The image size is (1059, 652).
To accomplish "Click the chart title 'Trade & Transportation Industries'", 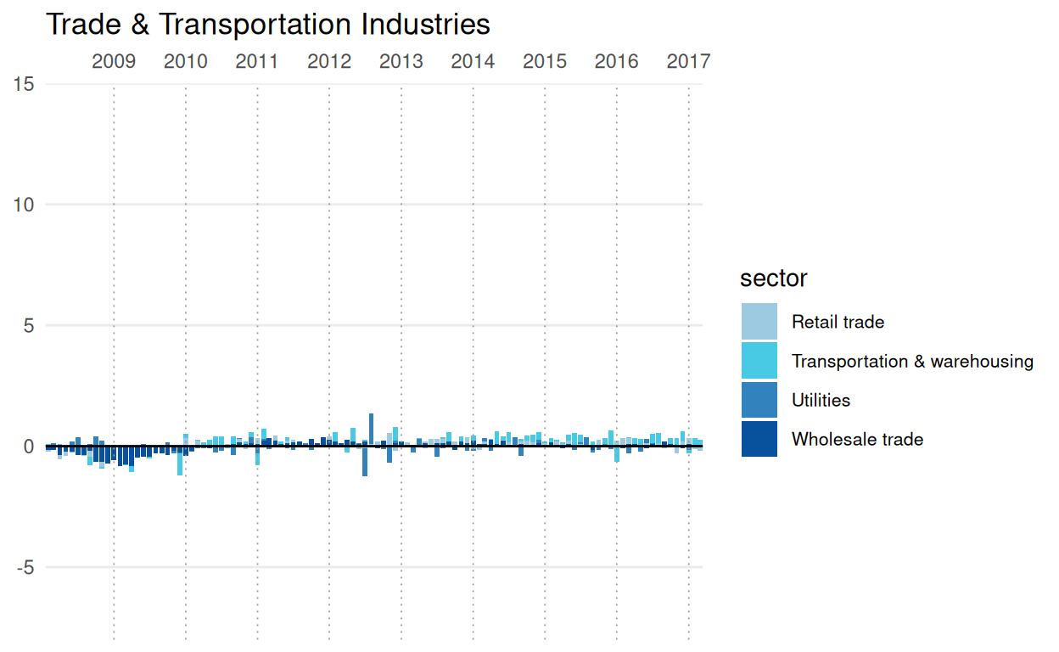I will [268, 25].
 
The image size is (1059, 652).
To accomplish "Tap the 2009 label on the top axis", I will [114, 61].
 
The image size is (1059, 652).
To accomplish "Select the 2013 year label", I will [401, 61].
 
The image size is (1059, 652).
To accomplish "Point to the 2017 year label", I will [688, 61].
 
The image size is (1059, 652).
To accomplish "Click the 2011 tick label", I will [257, 61].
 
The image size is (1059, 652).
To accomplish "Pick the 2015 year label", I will [545, 61].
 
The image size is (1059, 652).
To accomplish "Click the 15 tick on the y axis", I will [24, 84].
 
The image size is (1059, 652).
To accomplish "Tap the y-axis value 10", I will [24, 205].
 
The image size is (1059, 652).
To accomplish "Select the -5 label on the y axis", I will [24, 567].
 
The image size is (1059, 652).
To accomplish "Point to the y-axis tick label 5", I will [28, 326].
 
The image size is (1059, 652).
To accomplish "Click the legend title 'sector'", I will [773, 278].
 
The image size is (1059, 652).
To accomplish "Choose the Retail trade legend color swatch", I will [759, 322].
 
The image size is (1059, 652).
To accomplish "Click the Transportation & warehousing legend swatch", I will [759, 361].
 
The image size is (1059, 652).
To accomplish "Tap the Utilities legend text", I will [821, 400].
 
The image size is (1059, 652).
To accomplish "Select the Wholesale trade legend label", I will [857, 439].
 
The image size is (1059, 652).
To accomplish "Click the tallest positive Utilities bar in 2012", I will [372, 429].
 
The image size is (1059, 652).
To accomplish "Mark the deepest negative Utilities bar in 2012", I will [365, 461].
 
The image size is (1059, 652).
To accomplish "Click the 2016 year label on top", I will [616, 61].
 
